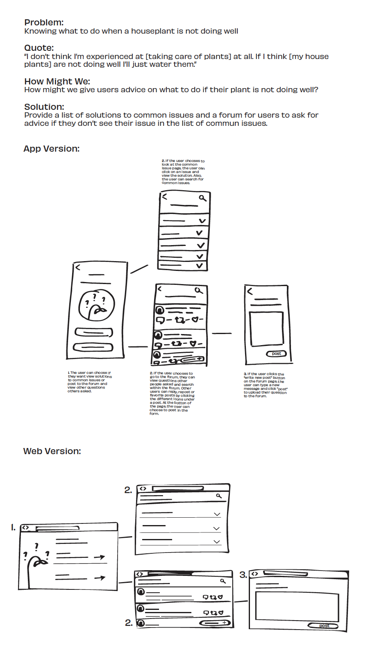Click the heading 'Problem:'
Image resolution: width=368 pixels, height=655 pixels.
[44, 23]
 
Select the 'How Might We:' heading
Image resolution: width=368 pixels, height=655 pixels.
[57, 81]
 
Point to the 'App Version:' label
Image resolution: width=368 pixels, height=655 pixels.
[52, 149]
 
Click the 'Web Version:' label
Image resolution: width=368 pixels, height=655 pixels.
[52, 451]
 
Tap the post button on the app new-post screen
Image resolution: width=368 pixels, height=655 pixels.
[277, 354]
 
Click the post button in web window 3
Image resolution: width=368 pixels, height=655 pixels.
[323, 625]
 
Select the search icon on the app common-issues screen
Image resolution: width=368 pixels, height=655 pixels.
[202, 198]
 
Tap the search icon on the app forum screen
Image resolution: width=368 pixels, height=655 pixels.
[199, 291]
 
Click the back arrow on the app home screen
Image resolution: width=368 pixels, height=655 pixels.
[78, 267]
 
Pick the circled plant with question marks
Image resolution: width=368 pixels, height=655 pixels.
[97, 305]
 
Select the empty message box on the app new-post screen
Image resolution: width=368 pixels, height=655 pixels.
[266, 329]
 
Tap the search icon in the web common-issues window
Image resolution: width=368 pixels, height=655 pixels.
[219, 496]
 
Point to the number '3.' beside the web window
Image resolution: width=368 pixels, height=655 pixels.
[243, 575]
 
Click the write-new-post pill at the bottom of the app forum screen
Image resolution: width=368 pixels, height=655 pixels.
[192, 359]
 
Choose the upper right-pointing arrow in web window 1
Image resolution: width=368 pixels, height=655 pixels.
[100, 557]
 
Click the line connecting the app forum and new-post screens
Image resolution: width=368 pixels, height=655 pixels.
[222, 333]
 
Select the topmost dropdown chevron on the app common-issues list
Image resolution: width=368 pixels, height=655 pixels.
[202, 221]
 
